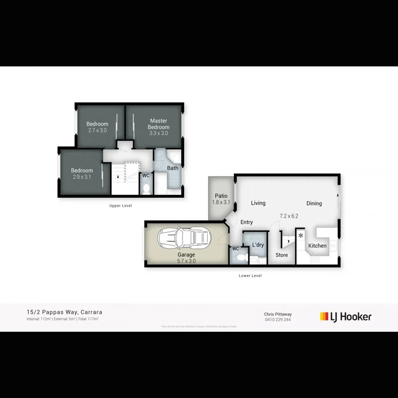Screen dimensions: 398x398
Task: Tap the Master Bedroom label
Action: coord(158,124)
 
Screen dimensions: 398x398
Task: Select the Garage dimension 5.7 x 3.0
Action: coord(186,261)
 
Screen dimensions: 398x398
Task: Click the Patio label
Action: coord(221,196)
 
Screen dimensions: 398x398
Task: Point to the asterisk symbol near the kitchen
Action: coord(301,236)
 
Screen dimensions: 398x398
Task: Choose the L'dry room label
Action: coord(258,245)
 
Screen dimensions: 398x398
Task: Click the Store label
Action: coord(282,255)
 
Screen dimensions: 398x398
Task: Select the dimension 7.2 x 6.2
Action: coord(289,216)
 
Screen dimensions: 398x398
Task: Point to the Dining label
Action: coord(314,203)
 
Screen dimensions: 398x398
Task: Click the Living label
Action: coord(258,203)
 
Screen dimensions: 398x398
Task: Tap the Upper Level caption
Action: coord(121,206)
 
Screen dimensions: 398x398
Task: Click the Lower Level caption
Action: coord(250,276)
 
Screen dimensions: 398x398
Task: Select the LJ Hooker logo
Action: coord(346,317)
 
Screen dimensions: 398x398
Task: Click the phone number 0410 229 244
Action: coord(278,320)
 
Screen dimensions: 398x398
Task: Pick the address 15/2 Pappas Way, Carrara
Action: coord(65,312)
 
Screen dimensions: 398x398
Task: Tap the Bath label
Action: coord(172,168)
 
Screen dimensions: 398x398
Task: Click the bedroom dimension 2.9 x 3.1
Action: coord(82,177)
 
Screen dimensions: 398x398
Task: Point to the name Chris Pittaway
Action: coord(278,314)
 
